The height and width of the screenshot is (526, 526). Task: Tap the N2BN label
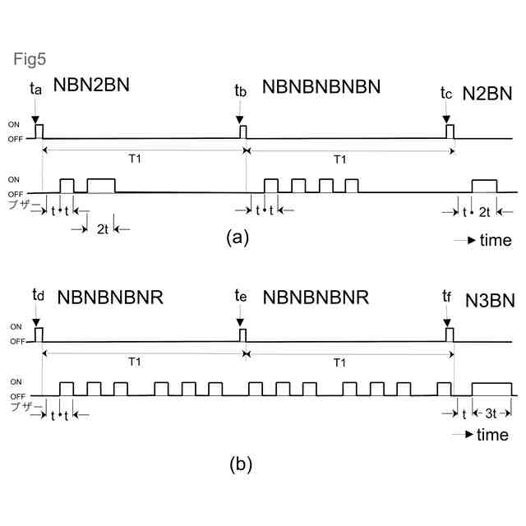pos(487,92)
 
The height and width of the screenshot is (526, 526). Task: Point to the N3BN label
pos(490,300)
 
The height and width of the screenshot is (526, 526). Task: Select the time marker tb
pos(240,90)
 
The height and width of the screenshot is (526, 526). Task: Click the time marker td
pos(37,294)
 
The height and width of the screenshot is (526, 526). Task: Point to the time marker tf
pos(447,297)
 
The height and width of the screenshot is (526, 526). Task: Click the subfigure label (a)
pos(237,238)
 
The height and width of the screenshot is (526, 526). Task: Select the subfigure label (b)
pos(241,464)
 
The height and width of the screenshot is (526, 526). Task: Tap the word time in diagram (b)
pos(492,435)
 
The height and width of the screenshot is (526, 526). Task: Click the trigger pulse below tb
pos(242,131)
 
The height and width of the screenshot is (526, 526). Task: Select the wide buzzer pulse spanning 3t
pos(491,390)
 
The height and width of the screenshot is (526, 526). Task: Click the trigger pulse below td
pos(39,335)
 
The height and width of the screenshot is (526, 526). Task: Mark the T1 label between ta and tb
pos(136,159)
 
